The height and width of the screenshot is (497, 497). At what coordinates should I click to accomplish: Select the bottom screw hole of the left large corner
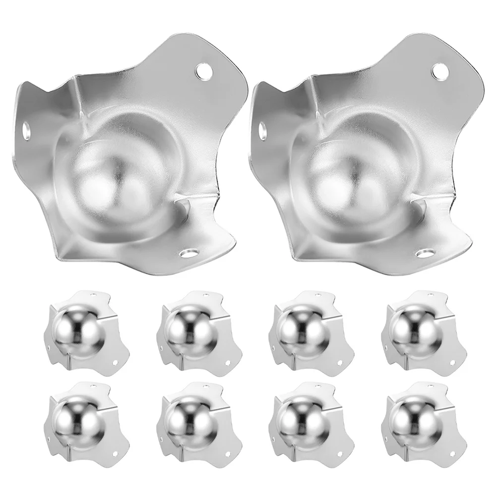coord(188,253)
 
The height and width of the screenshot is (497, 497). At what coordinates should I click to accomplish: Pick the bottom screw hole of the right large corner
coord(424,253)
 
